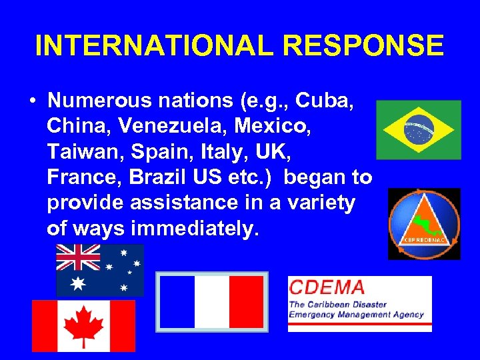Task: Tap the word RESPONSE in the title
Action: click(x=364, y=45)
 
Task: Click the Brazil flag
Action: click(x=419, y=129)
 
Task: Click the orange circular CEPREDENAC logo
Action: click(x=424, y=224)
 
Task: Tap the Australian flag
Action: click(x=99, y=269)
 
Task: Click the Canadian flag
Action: click(x=83, y=325)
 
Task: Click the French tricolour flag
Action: click(x=211, y=301)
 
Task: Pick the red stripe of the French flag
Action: click(x=246, y=301)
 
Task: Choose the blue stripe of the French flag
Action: click(x=177, y=301)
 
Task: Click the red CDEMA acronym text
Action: click(x=327, y=288)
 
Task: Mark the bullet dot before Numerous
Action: click(x=32, y=101)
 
